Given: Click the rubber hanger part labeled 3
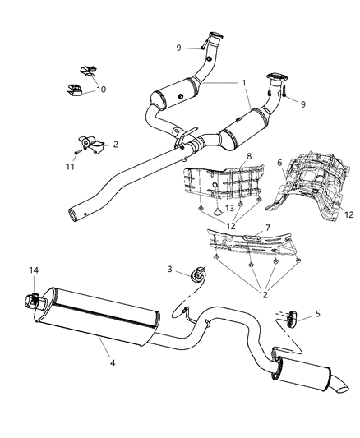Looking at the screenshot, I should click(198, 297).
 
